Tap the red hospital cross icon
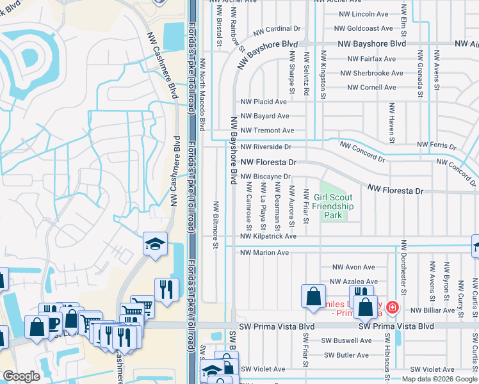pyautogui.click(x=391, y=308)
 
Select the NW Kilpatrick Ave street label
pyautogui.click(x=268, y=236)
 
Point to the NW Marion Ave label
pyautogui.click(x=264, y=253)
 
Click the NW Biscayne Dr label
pyautogui.click(x=266, y=177)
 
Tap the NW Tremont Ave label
pyautogui.click(x=267, y=131)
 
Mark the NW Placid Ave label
pyautogui.click(x=263, y=102)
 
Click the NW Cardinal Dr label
pyautogui.click(x=277, y=29)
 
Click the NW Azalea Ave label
pyautogui.click(x=353, y=282)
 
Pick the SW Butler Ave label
pyautogui.click(x=347, y=355)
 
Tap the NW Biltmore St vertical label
pyautogui.click(x=216, y=225)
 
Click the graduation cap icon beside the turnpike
pyautogui.click(x=155, y=243)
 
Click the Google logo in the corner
pyautogui.click(x=22, y=376)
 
